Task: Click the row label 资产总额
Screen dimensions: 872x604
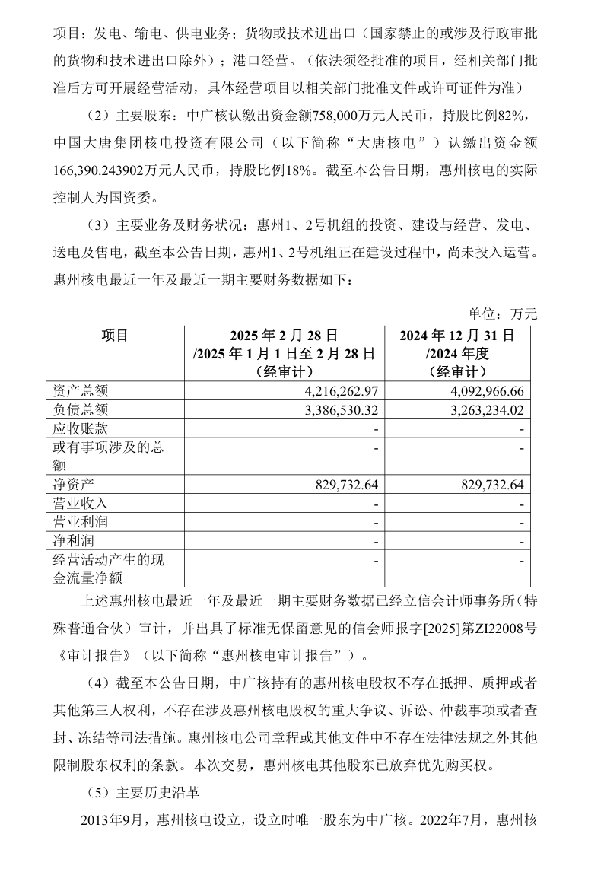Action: [80, 391]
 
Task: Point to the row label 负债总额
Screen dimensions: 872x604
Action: [80, 410]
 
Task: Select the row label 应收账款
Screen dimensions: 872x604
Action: [80, 429]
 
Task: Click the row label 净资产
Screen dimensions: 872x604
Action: [72, 485]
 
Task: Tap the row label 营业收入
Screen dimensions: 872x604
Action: [80, 504]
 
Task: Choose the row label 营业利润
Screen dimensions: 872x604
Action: [80, 523]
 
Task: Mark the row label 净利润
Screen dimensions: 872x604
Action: [72, 541]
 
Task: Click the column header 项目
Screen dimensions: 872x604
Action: [115, 336]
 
